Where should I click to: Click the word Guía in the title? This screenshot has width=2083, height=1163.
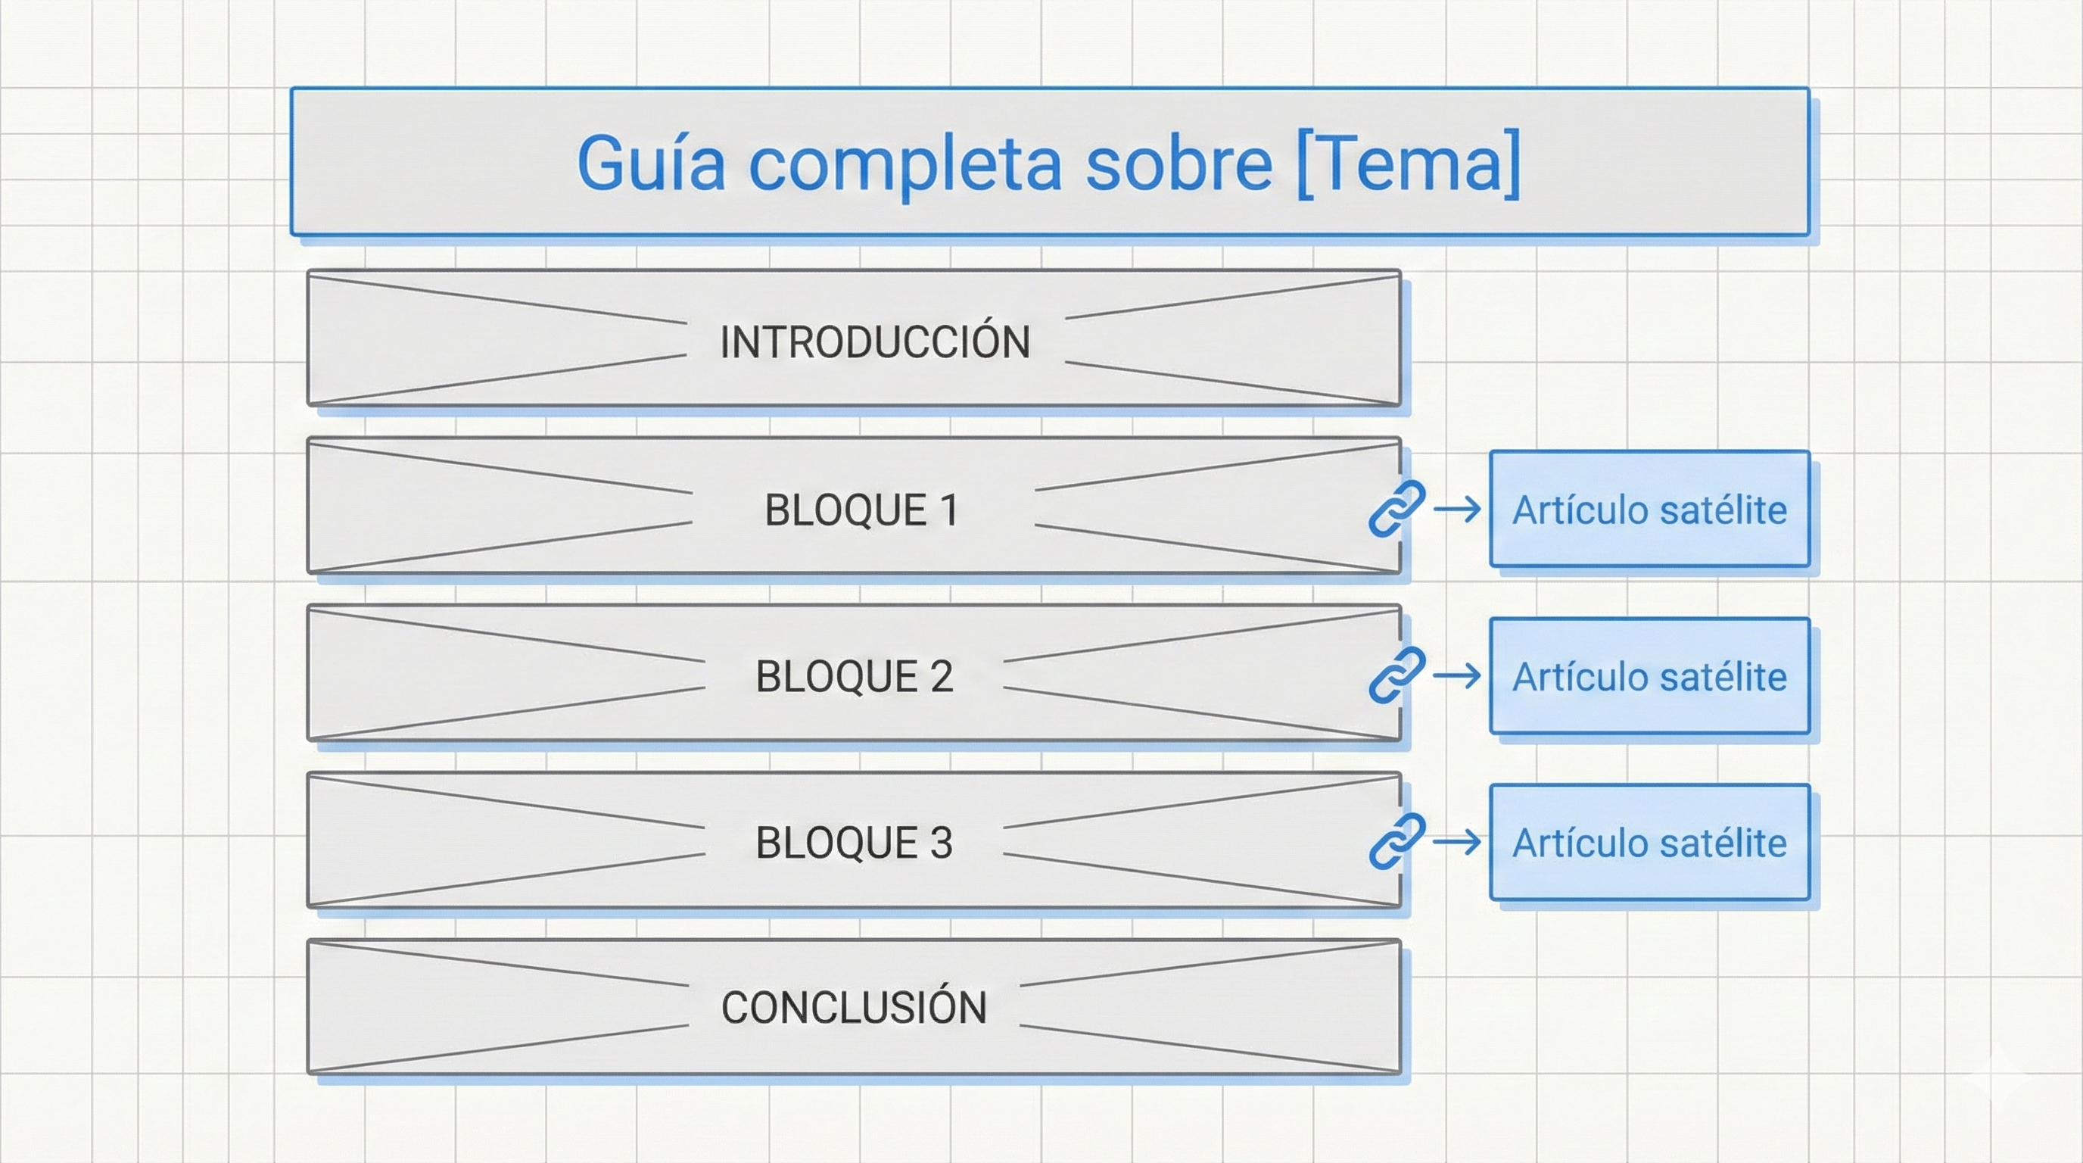(x=651, y=164)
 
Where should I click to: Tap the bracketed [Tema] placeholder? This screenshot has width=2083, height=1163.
(x=1408, y=164)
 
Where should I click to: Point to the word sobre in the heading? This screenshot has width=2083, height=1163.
(x=1179, y=164)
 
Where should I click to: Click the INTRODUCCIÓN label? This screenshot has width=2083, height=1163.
(x=875, y=341)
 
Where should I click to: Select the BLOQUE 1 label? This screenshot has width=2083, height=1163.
(x=861, y=510)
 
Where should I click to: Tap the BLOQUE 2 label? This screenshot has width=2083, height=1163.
(x=854, y=676)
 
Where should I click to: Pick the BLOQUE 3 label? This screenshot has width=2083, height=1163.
(x=854, y=843)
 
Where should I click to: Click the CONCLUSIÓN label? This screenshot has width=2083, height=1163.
(x=854, y=1008)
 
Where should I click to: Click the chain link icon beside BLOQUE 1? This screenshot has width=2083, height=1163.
(x=1396, y=509)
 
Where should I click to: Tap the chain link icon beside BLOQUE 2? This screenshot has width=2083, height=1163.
(x=1396, y=675)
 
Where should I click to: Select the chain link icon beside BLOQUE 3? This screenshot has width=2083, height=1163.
(x=1396, y=841)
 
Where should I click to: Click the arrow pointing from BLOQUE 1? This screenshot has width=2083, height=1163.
(x=1456, y=510)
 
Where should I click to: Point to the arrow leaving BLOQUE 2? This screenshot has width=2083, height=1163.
(x=1456, y=675)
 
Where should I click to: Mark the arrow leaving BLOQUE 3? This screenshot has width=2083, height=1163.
(x=1456, y=842)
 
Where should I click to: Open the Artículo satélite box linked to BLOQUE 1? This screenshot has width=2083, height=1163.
(x=1649, y=510)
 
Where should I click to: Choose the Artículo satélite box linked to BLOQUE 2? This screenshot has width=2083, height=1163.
(x=1649, y=676)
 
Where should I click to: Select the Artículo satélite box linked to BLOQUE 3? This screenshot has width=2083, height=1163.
(x=1649, y=842)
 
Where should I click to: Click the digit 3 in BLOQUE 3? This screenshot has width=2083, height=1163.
(x=940, y=843)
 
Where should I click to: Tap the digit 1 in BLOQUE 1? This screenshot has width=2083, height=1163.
(x=949, y=510)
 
